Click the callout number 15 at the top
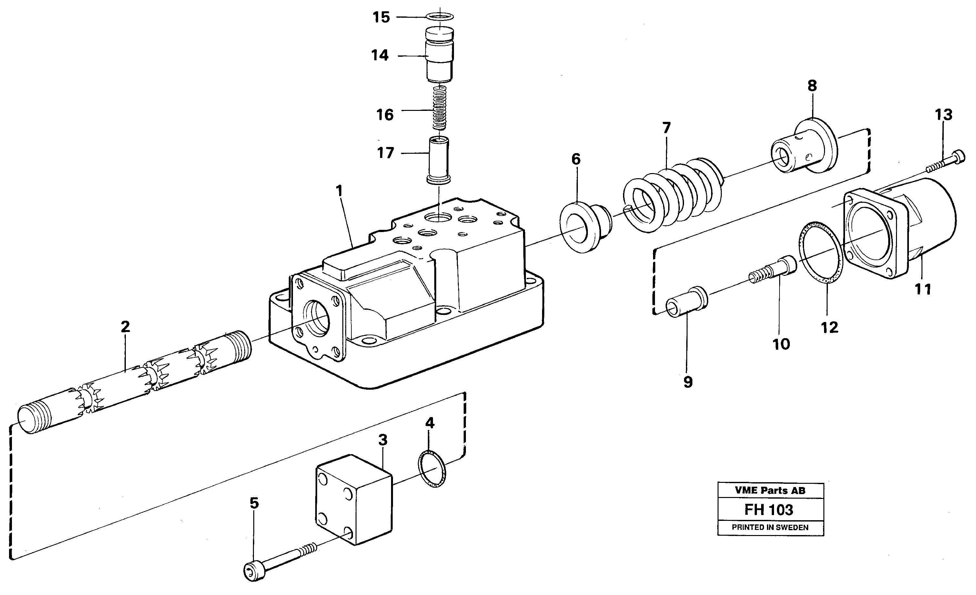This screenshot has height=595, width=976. (381, 17)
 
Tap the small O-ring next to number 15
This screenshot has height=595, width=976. (440, 17)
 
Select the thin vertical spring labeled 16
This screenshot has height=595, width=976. (439, 107)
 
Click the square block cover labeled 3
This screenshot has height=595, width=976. (353, 499)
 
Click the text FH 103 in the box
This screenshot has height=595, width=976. (769, 510)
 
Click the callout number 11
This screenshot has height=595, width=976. (922, 289)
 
